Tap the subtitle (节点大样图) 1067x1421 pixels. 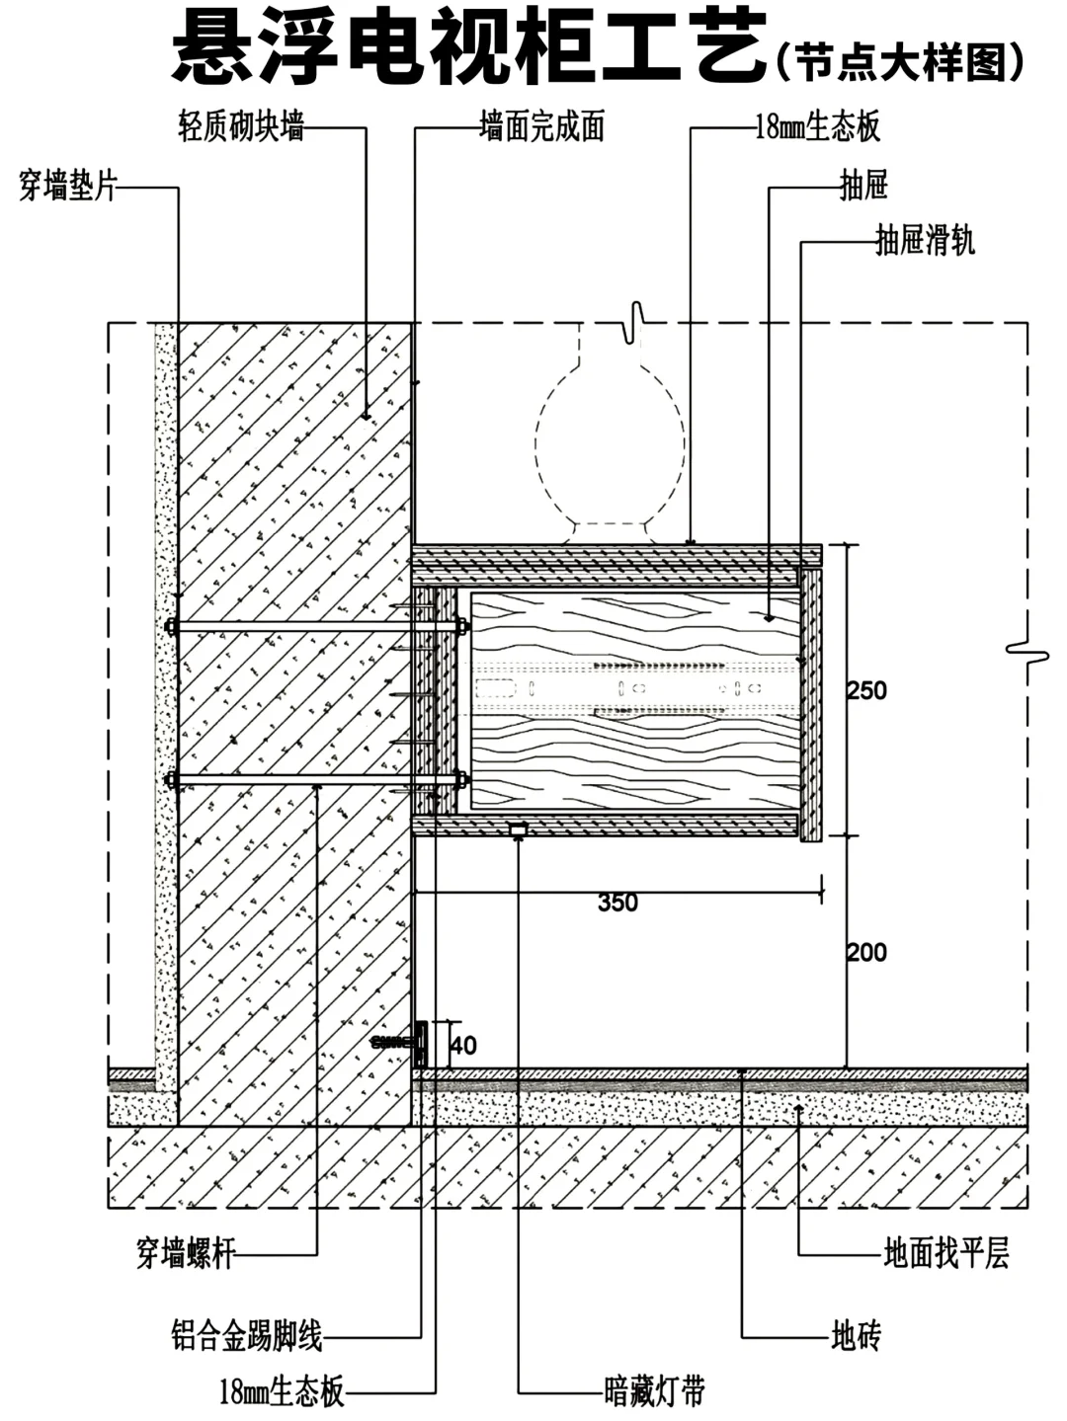(900, 62)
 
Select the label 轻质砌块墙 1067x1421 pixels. (240, 127)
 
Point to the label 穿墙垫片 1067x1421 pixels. (68, 185)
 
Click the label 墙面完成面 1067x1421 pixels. (540, 127)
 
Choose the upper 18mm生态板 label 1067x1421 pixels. (817, 127)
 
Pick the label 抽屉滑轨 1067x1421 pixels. (925, 240)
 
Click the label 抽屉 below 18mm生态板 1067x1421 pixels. (863, 185)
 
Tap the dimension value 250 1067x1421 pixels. (866, 690)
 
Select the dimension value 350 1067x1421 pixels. (617, 903)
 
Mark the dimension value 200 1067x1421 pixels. (866, 953)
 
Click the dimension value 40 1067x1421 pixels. (462, 1045)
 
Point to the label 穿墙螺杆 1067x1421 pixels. (186, 1254)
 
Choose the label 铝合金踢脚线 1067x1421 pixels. (247, 1337)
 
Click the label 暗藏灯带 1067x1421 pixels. (654, 1392)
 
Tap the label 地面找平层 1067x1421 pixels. (945, 1254)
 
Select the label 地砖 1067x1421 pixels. (856, 1337)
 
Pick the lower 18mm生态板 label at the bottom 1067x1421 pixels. (282, 1392)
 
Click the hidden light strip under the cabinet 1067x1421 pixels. (517, 830)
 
